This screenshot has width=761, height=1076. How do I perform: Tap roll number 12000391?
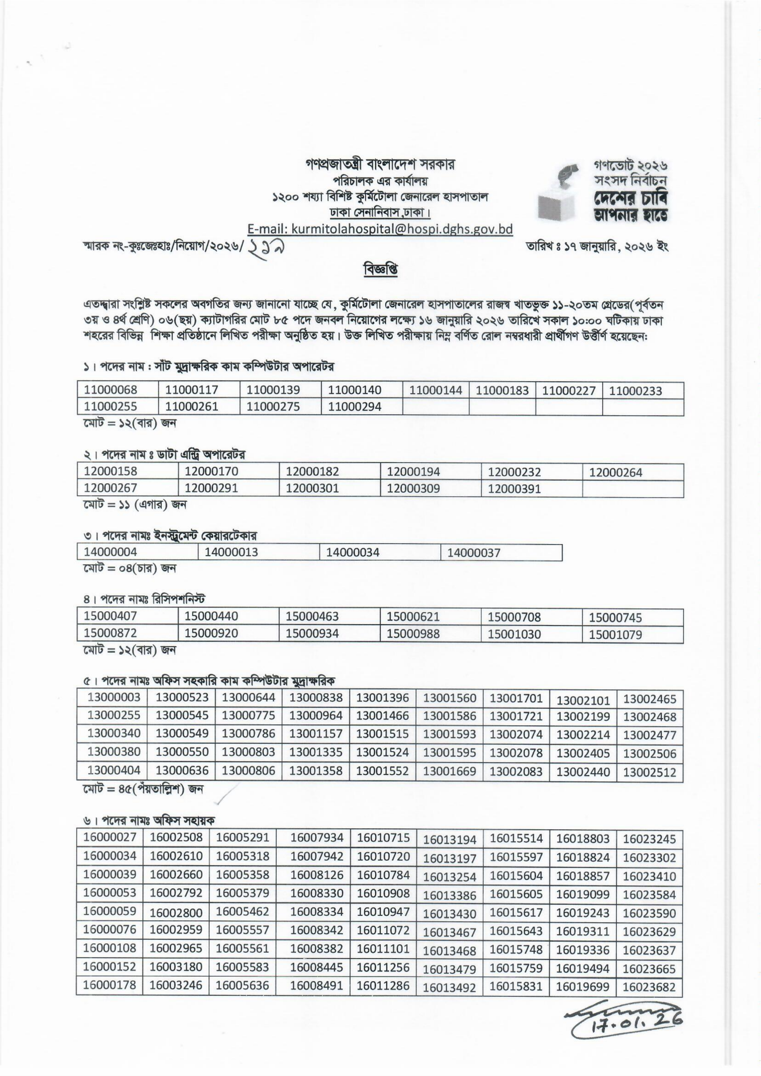(x=514, y=489)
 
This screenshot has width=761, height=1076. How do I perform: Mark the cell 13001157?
(x=316, y=734)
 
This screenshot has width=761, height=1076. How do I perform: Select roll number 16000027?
(x=110, y=837)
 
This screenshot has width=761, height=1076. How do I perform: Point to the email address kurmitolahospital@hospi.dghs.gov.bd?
(x=380, y=229)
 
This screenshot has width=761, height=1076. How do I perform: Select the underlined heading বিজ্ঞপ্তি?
(x=380, y=270)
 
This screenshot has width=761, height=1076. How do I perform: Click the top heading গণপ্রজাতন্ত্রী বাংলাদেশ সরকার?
(x=380, y=165)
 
